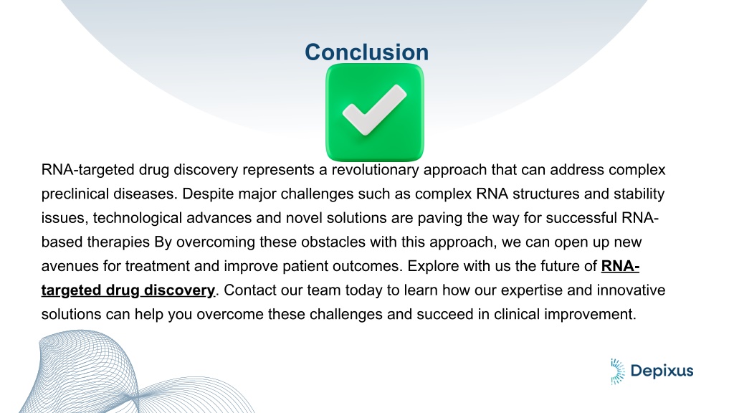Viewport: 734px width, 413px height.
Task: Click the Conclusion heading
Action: (x=366, y=52)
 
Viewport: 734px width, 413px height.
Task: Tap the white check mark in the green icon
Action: (x=373, y=110)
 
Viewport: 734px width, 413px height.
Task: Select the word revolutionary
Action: (x=376, y=170)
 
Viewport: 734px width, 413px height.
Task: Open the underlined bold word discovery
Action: (x=179, y=290)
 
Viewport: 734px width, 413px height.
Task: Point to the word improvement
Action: (x=588, y=314)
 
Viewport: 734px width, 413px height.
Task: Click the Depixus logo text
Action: (x=662, y=371)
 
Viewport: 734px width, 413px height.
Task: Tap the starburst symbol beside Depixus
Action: (x=617, y=371)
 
